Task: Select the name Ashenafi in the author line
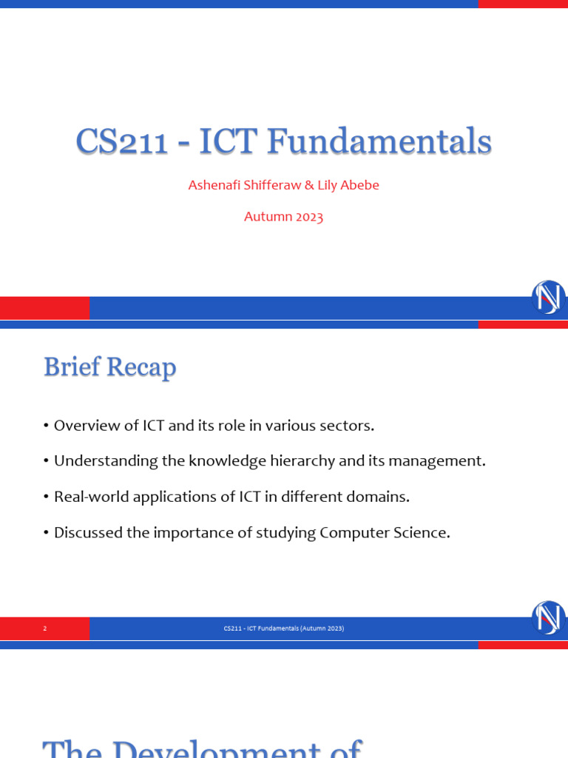(215, 185)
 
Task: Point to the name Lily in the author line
(329, 185)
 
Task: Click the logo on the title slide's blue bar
(549, 298)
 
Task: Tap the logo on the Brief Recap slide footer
(549, 618)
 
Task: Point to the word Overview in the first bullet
(84, 426)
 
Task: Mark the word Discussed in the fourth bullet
(87, 532)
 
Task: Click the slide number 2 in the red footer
(45, 628)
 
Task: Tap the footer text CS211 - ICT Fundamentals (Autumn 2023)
(284, 628)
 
